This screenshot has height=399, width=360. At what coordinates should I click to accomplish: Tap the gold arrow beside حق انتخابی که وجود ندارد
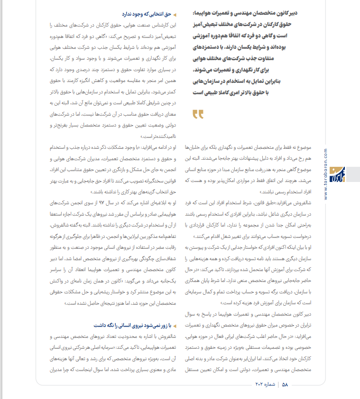pos(175,15)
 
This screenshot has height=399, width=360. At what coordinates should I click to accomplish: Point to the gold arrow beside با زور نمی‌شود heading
pos(175,326)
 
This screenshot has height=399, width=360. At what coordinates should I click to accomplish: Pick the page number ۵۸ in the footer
pos(285,385)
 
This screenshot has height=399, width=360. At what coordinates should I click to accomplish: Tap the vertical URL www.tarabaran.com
pos(340,175)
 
